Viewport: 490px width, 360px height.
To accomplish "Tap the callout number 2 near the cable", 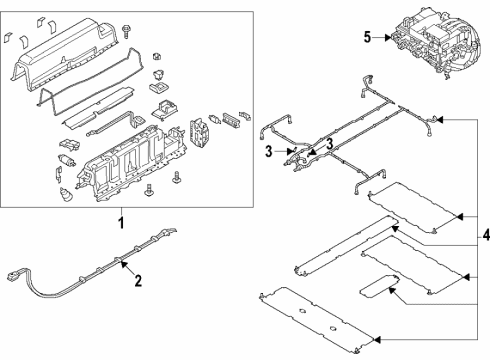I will coord(138,280).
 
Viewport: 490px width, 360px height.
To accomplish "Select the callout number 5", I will coord(367,38).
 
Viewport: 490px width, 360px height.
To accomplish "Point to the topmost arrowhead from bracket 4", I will coord(440,119).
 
